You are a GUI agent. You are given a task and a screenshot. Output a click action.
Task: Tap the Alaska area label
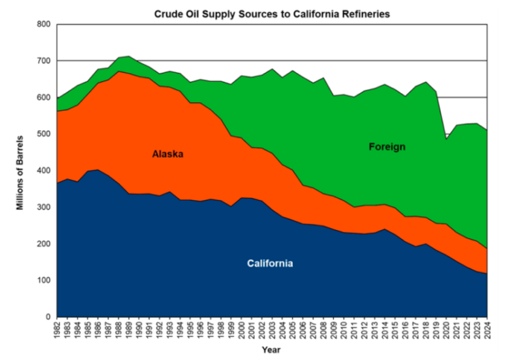pyautogui.click(x=168, y=154)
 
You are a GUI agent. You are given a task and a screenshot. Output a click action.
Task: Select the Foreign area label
pyautogui.click(x=386, y=146)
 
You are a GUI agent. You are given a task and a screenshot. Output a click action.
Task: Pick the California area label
pyautogui.click(x=270, y=263)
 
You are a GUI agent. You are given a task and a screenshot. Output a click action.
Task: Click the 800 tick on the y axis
pyautogui.click(x=44, y=24)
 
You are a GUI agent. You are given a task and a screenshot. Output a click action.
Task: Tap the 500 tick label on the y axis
pyautogui.click(x=44, y=134)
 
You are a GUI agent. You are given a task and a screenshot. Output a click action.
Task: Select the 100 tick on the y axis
pyautogui.click(x=44, y=280)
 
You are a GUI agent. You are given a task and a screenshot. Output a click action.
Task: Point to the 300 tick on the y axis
pyautogui.click(x=44, y=208)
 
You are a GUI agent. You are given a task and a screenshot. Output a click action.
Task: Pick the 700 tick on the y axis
pyautogui.click(x=44, y=61)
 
